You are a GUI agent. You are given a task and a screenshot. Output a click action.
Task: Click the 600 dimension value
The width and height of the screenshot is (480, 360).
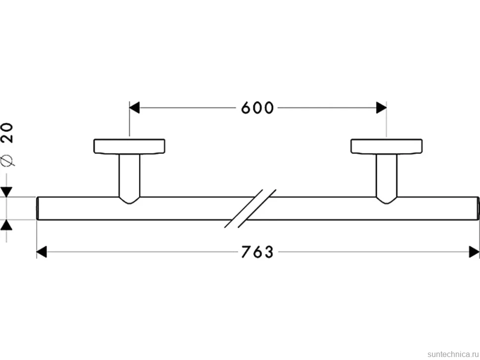click(257, 108)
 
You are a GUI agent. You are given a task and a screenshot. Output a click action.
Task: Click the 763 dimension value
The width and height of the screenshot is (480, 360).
click(257, 252)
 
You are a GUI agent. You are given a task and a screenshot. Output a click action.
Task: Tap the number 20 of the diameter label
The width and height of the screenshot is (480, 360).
click(7, 133)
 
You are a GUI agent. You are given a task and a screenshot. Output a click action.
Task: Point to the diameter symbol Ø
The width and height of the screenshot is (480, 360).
click(7, 160)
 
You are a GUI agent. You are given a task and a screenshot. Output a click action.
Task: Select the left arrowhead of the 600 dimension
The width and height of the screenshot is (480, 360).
click(135, 108)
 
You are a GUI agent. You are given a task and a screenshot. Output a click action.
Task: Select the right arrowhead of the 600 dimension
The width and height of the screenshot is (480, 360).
click(381, 108)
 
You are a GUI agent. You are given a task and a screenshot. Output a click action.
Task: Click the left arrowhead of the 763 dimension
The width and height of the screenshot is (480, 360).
click(42, 252)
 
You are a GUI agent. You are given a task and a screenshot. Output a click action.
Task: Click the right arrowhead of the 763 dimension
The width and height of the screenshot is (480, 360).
click(474, 252)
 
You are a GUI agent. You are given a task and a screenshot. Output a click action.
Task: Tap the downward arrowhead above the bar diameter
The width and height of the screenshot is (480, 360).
click(6, 192)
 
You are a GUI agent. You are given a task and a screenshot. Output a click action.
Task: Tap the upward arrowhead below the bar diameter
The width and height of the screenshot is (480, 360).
click(6, 225)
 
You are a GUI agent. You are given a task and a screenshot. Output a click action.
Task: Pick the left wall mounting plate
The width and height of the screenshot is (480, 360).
click(130, 146)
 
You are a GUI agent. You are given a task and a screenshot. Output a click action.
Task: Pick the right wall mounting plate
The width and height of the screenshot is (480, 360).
click(386, 146)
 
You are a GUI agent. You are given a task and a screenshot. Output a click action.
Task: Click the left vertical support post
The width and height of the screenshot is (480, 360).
click(130, 175)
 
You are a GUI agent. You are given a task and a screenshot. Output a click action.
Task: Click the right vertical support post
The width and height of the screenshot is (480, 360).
click(386, 175)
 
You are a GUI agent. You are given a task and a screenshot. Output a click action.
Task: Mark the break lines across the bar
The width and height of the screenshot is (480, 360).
click(250, 208)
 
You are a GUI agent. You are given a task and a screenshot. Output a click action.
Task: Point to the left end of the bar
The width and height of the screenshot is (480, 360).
click(37, 208)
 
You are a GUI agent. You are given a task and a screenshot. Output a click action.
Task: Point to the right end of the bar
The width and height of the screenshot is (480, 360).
click(478, 208)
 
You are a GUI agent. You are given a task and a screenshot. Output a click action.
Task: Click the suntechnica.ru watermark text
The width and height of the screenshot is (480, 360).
click(453, 354)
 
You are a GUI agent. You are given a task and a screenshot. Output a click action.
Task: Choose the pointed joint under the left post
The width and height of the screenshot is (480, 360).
click(130, 200)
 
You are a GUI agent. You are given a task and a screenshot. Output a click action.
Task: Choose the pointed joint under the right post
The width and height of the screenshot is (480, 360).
click(386, 200)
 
